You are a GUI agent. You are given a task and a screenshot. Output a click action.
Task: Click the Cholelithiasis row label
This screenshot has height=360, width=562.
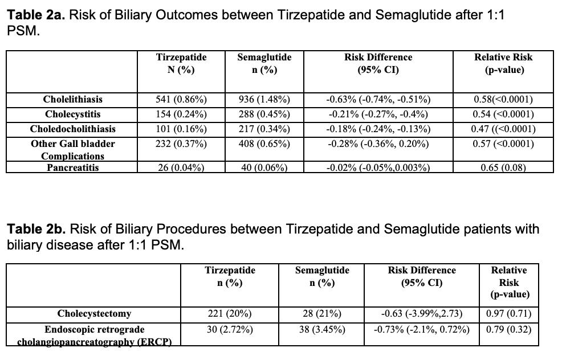click(73, 99)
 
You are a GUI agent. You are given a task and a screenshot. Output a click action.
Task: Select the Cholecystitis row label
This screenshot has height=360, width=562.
click(73, 114)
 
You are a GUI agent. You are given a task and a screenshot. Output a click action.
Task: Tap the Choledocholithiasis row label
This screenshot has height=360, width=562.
click(73, 129)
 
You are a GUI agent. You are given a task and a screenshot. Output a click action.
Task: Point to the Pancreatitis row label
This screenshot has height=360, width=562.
click(73, 167)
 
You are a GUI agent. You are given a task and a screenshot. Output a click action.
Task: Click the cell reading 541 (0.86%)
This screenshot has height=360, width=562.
click(181, 99)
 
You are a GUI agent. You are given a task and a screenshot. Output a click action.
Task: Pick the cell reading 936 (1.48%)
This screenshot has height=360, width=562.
click(264, 99)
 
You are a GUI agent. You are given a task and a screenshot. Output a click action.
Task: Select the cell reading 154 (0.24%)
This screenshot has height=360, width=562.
click(181, 114)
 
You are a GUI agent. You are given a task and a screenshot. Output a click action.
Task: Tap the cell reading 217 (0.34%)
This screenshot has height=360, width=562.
click(264, 129)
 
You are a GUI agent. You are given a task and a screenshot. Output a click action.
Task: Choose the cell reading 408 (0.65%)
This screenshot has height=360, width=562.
click(264, 144)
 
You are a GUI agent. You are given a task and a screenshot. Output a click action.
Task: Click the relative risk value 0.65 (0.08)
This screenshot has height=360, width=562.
click(503, 167)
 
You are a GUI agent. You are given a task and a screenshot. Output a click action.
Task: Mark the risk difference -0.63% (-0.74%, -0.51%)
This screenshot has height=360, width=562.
click(378, 99)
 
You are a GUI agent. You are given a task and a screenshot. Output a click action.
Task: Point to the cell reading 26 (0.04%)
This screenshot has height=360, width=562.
click(181, 167)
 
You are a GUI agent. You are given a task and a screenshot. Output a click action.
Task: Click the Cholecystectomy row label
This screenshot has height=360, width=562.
click(94, 314)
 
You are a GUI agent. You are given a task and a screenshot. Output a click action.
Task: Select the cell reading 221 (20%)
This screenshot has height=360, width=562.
click(230, 314)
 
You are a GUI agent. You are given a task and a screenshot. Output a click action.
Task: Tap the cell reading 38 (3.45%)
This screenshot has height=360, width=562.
click(322, 329)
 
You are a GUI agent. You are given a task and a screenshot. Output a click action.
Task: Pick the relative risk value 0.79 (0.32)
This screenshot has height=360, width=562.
click(508, 329)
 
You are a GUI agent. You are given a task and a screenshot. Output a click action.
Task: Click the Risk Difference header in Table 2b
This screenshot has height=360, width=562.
click(422, 276)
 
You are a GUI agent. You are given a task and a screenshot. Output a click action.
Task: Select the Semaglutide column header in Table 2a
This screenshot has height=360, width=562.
click(264, 63)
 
